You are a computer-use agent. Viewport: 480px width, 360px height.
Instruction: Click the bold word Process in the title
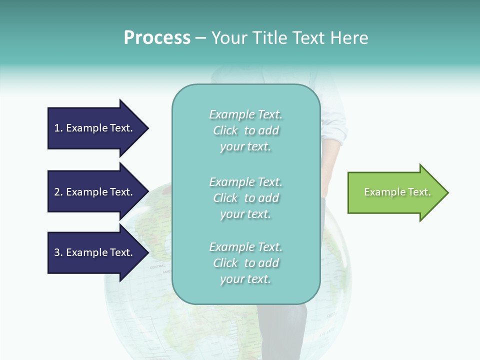coord(157,38)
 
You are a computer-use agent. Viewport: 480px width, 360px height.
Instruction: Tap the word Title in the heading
coord(269,38)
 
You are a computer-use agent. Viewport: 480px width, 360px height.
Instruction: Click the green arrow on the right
coord(395,192)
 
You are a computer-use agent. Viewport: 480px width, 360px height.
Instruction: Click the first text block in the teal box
coord(245,130)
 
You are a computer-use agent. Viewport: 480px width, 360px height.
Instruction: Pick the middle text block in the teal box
coord(245,198)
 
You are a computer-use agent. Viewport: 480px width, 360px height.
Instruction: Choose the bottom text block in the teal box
coord(245,263)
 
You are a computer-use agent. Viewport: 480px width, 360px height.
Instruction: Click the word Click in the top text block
coord(225,130)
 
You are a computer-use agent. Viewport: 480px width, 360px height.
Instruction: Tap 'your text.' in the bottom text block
coord(245,279)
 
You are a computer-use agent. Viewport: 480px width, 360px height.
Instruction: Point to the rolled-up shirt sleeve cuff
coord(334,134)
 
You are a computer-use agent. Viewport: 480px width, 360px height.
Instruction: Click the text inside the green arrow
coord(397,192)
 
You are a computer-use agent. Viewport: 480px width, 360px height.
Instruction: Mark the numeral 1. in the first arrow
coord(58,128)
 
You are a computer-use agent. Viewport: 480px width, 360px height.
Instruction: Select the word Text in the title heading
coord(307,38)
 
